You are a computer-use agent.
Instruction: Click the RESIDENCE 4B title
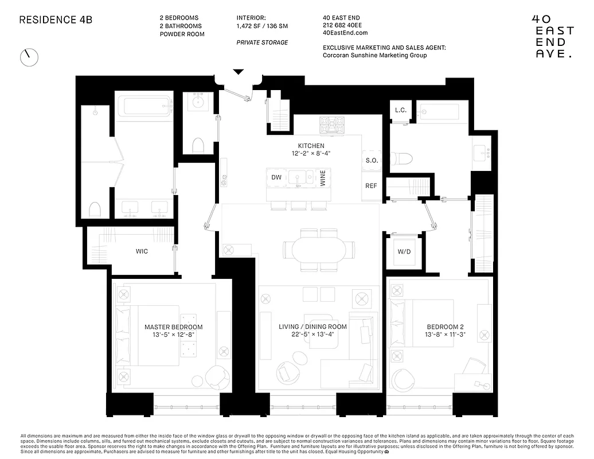click(x=56, y=20)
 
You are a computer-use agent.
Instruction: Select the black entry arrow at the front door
click(x=239, y=72)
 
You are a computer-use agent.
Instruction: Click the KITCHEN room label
click(x=311, y=146)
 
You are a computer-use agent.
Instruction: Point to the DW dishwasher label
click(x=276, y=178)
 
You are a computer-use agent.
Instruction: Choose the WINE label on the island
click(x=323, y=178)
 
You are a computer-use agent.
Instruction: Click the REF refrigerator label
click(x=372, y=186)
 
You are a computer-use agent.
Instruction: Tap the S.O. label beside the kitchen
click(x=372, y=161)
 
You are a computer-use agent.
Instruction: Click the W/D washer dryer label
click(x=404, y=252)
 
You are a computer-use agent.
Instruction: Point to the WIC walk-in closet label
click(x=142, y=251)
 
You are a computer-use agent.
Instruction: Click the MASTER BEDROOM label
click(x=173, y=327)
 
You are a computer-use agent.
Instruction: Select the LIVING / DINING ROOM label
click(x=312, y=327)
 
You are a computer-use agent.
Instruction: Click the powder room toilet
click(x=198, y=145)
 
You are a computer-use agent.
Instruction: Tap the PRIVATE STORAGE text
click(x=262, y=42)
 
